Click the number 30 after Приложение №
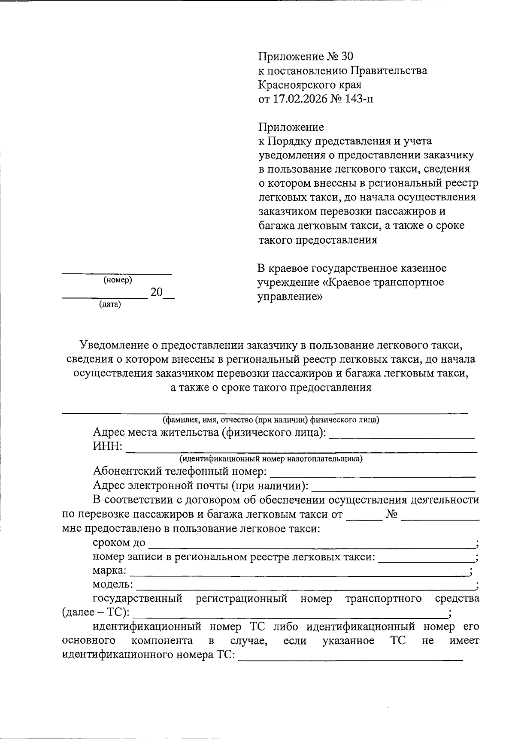click(x=347, y=57)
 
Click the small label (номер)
click(x=118, y=280)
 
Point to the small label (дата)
click(x=110, y=305)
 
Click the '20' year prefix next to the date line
click(x=156, y=292)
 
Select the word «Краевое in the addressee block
click(x=347, y=282)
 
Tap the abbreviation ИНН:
click(x=107, y=447)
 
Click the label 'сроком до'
click(x=119, y=543)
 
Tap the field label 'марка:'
click(x=109, y=571)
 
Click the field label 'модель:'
click(x=112, y=585)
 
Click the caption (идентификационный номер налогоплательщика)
click(x=271, y=459)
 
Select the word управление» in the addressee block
click(x=290, y=297)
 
